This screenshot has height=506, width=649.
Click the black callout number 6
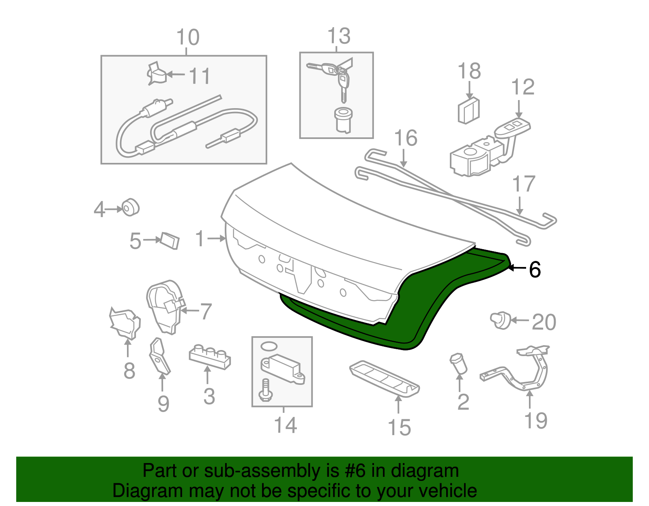(535, 269)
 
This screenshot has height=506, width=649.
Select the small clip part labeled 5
(170, 240)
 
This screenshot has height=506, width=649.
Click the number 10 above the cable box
(188, 37)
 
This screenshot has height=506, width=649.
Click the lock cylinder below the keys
(344, 119)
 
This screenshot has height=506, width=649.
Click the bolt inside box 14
(265, 390)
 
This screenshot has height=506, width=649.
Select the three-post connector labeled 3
(210, 355)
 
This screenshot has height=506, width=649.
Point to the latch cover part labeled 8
(125, 322)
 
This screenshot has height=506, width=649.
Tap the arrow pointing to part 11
(176, 74)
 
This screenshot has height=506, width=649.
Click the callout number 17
(524, 184)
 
